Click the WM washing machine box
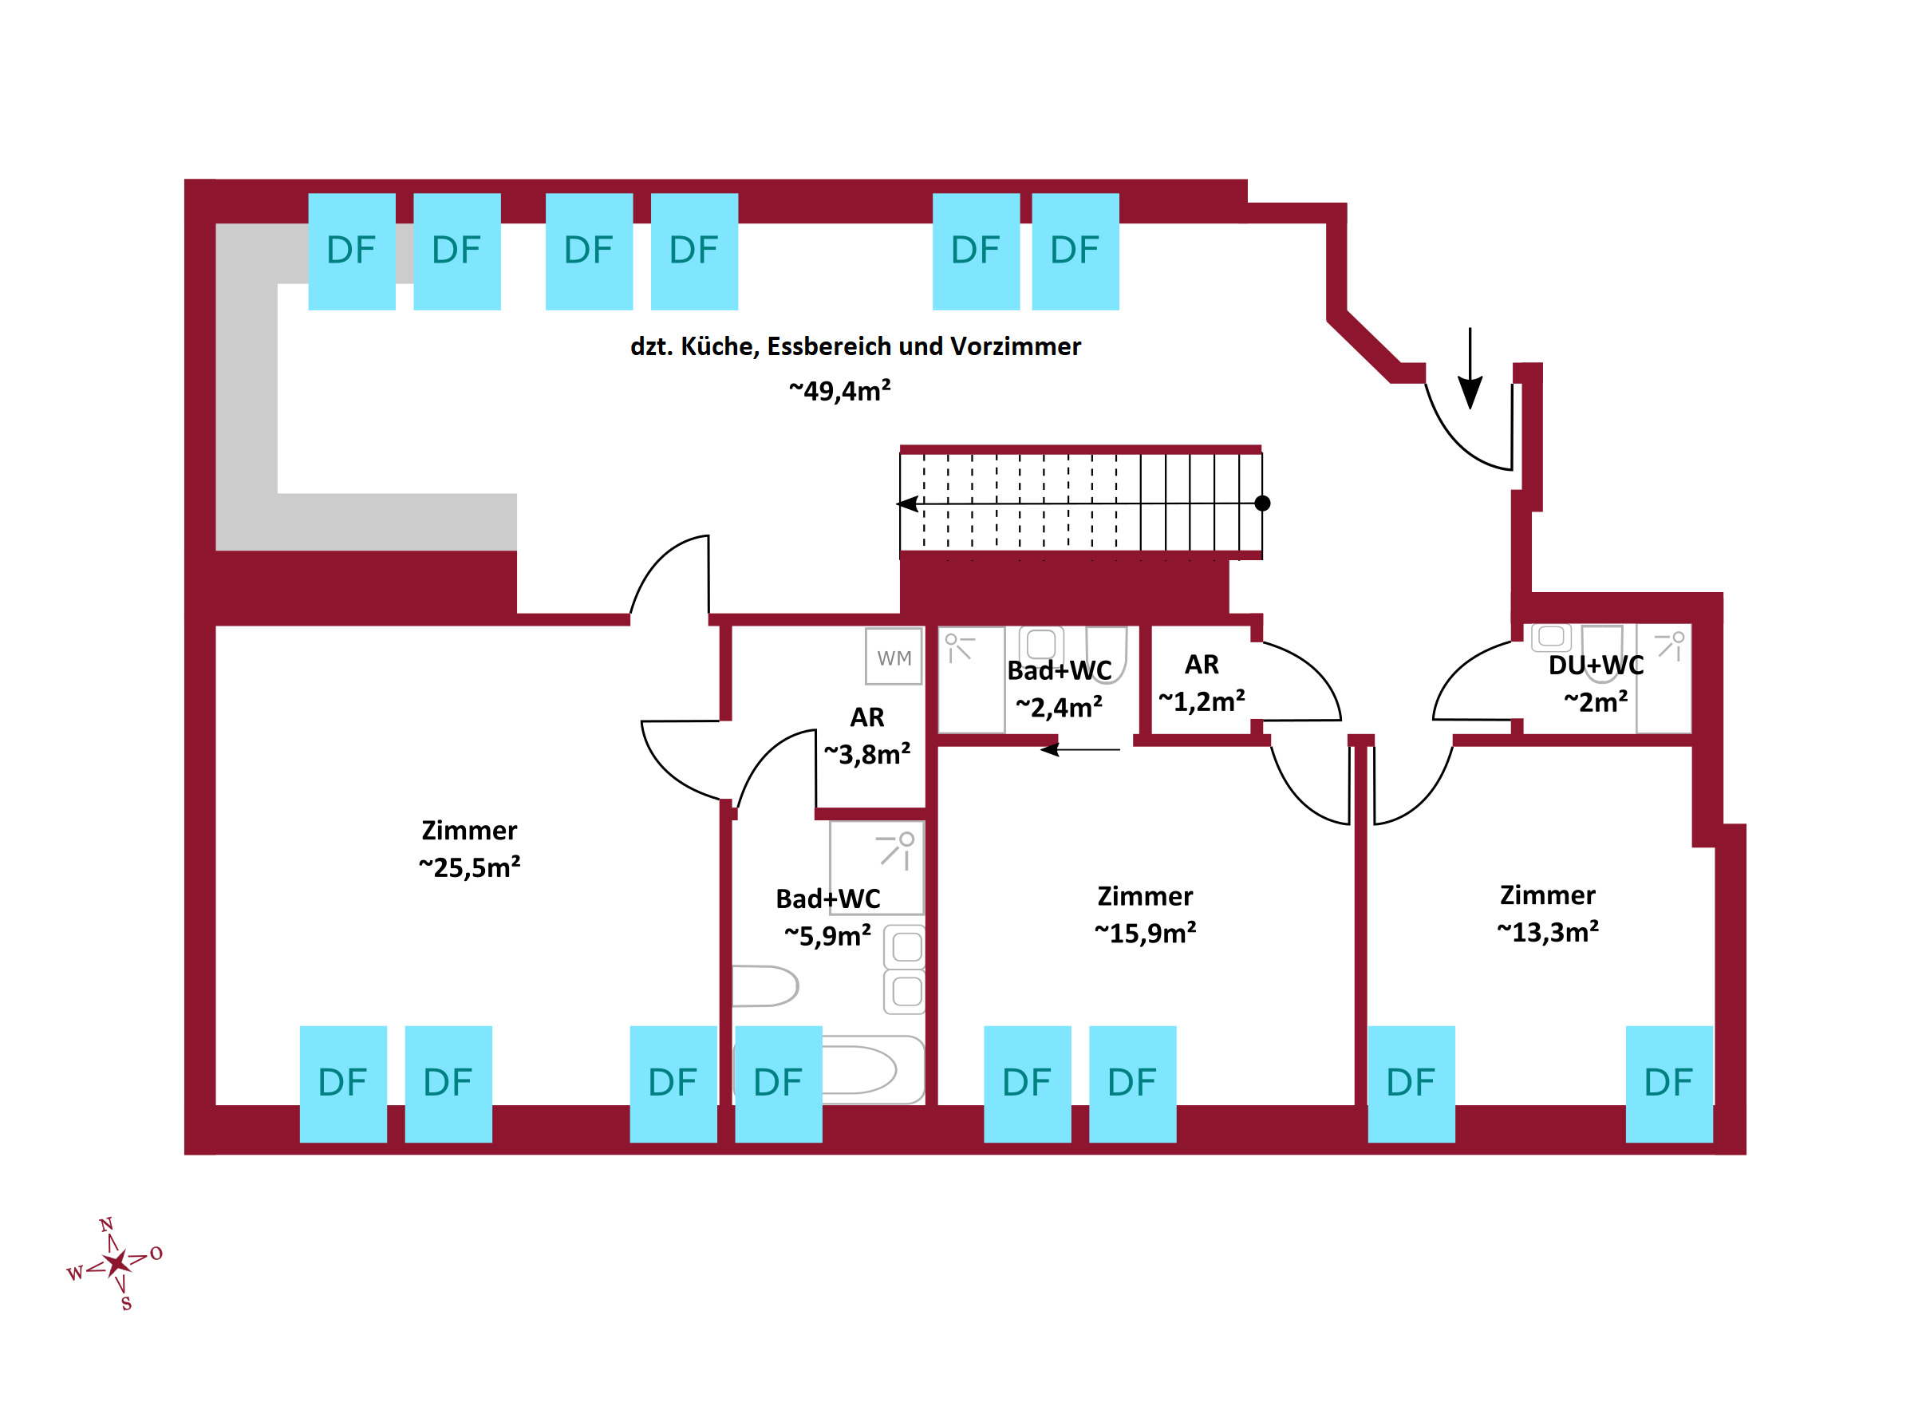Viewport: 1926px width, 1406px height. pyautogui.click(x=894, y=656)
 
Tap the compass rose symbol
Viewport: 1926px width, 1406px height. pyautogui.click(x=116, y=1262)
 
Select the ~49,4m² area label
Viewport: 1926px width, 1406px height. pyautogui.click(x=839, y=391)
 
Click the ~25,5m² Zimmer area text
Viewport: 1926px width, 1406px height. pyautogui.click(x=469, y=867)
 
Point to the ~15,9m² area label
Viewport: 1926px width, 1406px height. pyautogui.click(x=1145, y=933)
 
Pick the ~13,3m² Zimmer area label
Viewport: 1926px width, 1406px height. pyautogui.click(x=1547, y=932)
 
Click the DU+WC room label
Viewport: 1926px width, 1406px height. pyautogui.click(x=1595, y=665)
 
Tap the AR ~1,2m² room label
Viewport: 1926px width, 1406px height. pyautogui.click(x=1201, y=682)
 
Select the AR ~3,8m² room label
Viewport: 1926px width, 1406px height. pyautogui.click(x=866, y=737)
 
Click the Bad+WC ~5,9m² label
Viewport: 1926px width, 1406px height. pyautogui.click(x=827, y=918)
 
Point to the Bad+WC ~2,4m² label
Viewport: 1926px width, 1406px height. pyautogui.click(x=1059, y=689)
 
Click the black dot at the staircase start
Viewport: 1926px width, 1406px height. pyautogui.click(x=1262, y=504)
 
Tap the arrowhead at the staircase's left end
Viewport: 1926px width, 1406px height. pyautogui.click(x=907, y=504)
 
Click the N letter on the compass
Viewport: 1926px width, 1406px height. pyautogui.click(x=106, y=1225)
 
